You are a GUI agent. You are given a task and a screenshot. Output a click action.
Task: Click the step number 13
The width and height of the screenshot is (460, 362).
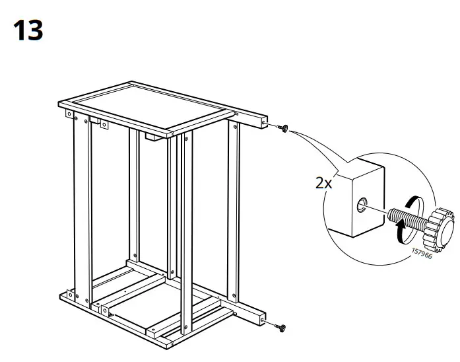(x=28, y=30)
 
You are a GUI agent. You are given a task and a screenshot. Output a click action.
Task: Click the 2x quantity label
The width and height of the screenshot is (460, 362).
(x=323, y=183)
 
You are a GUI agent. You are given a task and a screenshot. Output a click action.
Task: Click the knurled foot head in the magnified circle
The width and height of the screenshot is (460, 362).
(x=440, y=225)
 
